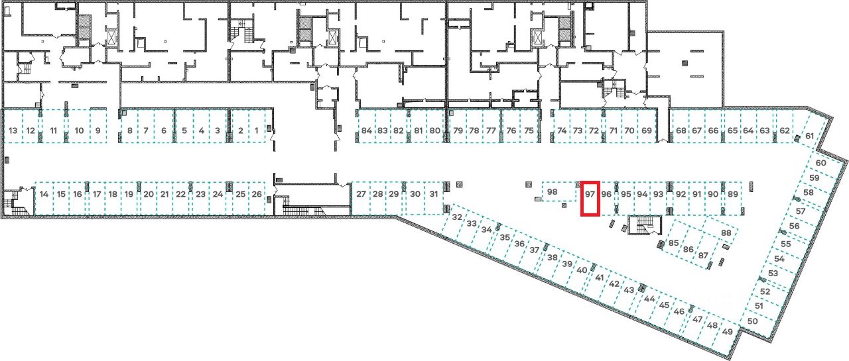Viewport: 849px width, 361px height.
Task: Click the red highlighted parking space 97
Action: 590,198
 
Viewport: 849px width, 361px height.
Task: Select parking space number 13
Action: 13,130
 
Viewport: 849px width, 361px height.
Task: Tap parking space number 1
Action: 257,130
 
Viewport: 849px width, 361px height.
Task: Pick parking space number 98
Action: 553,192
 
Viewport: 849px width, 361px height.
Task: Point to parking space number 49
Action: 728,331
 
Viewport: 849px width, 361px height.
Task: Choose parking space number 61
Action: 809,136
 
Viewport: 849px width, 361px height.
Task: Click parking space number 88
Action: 726,233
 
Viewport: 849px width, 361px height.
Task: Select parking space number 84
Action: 367,130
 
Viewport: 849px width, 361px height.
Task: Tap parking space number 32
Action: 456,217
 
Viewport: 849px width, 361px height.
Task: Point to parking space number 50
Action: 752,321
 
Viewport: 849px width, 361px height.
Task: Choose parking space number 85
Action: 673,243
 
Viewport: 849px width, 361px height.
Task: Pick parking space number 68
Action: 681,130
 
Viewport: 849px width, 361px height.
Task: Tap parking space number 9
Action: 98,130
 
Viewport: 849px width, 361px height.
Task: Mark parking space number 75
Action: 529,130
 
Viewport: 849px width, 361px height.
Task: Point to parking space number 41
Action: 599,278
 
